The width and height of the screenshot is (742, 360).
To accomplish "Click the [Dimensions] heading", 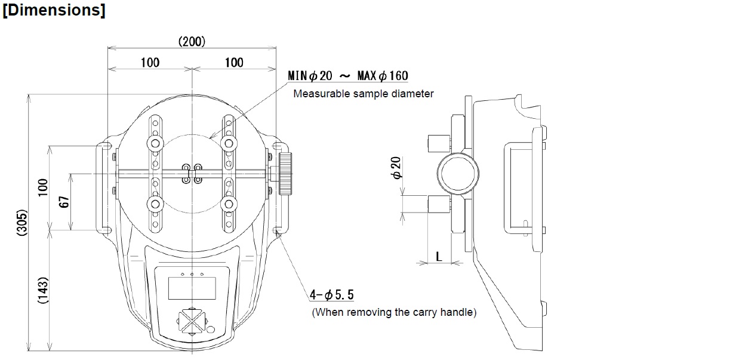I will click(x=54, y=11).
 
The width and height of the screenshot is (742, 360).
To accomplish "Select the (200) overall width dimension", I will click(x=192, y=41).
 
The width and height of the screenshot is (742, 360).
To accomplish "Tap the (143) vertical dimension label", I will click(x=43, y=291).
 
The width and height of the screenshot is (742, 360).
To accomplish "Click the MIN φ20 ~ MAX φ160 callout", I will click(x=348, y=76).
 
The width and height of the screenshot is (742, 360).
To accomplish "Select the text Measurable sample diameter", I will click(x=363, y=94).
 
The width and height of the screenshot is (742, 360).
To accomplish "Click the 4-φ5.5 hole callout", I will click(x=332, y=294).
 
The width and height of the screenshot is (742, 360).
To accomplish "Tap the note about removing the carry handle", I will click(x=394, y=312).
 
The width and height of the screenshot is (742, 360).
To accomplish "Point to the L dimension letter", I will click(x=439, y=256).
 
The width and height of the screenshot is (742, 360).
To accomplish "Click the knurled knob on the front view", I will click(x=285, y=173).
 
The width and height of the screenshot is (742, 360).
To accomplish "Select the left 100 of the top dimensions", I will click(x=150, y=63).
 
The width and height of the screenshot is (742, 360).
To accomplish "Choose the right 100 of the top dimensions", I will click(x=234, y=63).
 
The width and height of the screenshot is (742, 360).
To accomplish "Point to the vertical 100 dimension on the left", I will click(x=43, y=188).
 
